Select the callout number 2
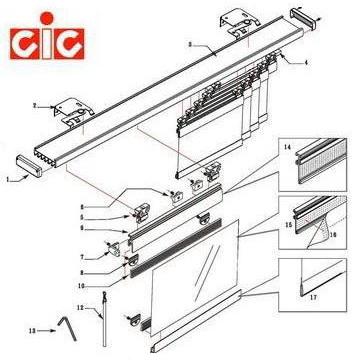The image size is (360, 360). [x=35, y=104]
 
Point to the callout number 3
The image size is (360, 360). [x=189, y=45]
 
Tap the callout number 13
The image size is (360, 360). [x=33, y=328]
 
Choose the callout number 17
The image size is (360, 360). [x=317, y=296]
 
